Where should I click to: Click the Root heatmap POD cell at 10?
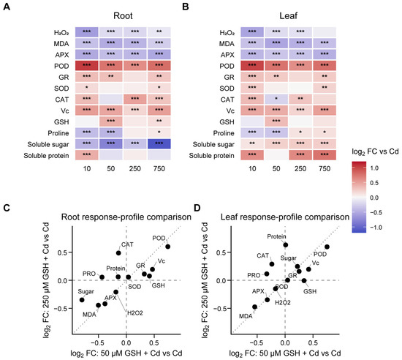point(87,66)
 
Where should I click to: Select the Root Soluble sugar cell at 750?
point(159,143)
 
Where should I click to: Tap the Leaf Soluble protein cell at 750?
point(325,155)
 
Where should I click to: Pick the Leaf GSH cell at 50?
point(276,121)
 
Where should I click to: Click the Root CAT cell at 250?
point(135,99)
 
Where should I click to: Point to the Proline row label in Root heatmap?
point(58,133)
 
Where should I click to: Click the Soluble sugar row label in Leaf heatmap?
point(213,144)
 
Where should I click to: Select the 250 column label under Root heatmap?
point(135,168)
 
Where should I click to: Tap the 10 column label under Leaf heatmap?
point(252,168)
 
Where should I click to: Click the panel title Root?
point(123,15)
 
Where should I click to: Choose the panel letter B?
point(185,7)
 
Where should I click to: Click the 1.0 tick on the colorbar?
point(374,168)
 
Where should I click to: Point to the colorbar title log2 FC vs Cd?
point(375,151)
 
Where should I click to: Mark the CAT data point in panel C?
point(118,253)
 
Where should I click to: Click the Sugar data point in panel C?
point(82,300)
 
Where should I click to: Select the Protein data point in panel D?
point(286,245)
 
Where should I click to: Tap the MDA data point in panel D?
point(254,307)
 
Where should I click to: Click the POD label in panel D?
point(320,255)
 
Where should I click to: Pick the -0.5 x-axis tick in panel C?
point(98,343)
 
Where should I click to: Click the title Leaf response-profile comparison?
point(285,217)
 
